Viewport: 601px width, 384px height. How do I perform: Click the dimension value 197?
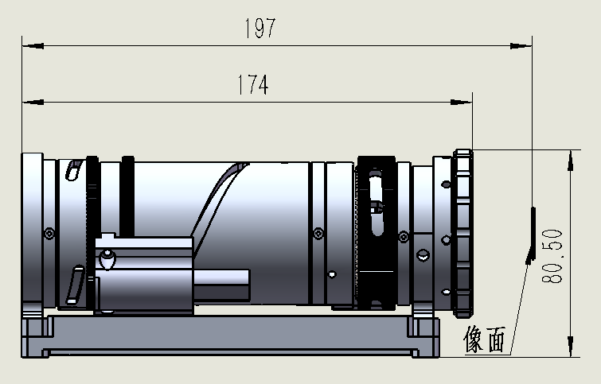coord(260,29)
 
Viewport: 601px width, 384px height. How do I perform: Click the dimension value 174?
coord(252,86)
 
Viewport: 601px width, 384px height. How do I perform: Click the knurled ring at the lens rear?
coord(463,231)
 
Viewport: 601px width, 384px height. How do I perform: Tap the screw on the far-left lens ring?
coord(50,232)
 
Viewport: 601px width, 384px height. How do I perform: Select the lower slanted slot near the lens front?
coord(76,285)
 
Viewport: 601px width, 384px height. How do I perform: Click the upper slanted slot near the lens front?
coord(72,171)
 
